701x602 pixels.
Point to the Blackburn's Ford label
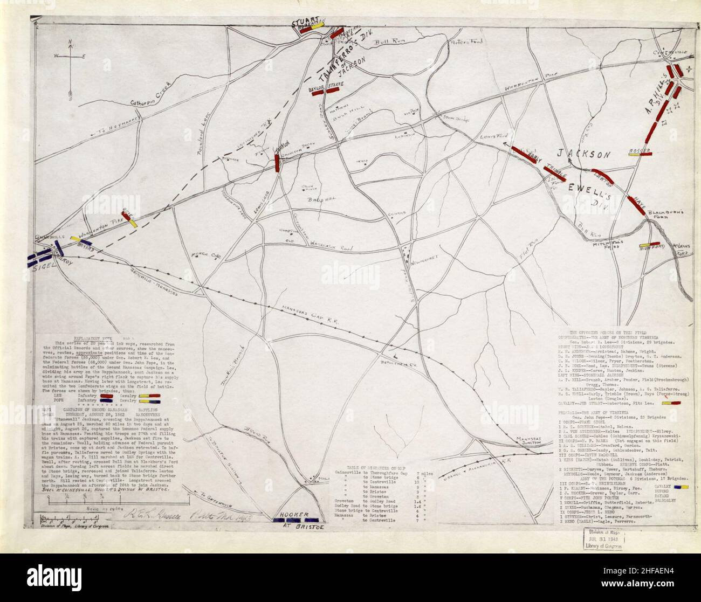pyautogui.click(x=665, y=214)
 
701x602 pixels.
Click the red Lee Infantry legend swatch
pyautogui.click(x=115, y=396)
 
